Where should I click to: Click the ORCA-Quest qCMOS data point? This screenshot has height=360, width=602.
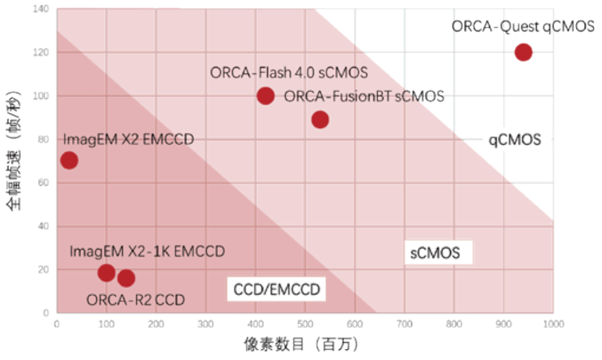(x=523, y=52)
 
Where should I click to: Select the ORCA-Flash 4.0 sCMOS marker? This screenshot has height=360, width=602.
(x=266, y=96)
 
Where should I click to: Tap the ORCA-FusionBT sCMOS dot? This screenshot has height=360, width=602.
(x=320, y=119)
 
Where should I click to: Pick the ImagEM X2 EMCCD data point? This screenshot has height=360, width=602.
(x=69, y=161)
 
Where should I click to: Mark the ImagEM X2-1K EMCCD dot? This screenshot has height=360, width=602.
(x=106, y=273)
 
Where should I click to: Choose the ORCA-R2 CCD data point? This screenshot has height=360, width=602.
(x=126, y=278)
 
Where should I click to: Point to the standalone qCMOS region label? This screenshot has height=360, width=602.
(x=515, y=140)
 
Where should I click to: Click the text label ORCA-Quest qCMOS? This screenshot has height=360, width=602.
(x=523, y=27)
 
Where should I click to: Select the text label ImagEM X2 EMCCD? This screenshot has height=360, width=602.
(x=128, y=139)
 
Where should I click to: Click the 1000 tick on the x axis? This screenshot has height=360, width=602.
(x=552, y=324)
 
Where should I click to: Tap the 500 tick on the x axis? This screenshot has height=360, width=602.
(x=305, y=324)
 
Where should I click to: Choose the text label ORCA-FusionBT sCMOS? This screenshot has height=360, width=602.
(x=364, y=96)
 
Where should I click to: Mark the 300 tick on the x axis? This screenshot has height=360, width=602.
(x=206, y=324)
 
